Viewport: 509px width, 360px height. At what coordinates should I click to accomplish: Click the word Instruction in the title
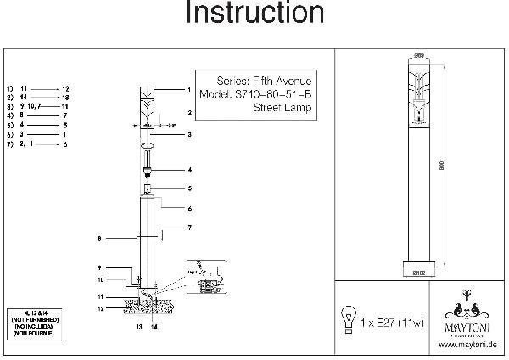tap(254, 14)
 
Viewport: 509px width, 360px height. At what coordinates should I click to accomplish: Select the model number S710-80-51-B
tap(257, 94)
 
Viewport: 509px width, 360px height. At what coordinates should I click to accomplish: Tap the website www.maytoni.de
tap(467, 344)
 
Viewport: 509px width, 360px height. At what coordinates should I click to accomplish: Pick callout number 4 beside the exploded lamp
tap(190, 170)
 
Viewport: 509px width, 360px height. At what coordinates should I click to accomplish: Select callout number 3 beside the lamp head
tap(190, 134)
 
